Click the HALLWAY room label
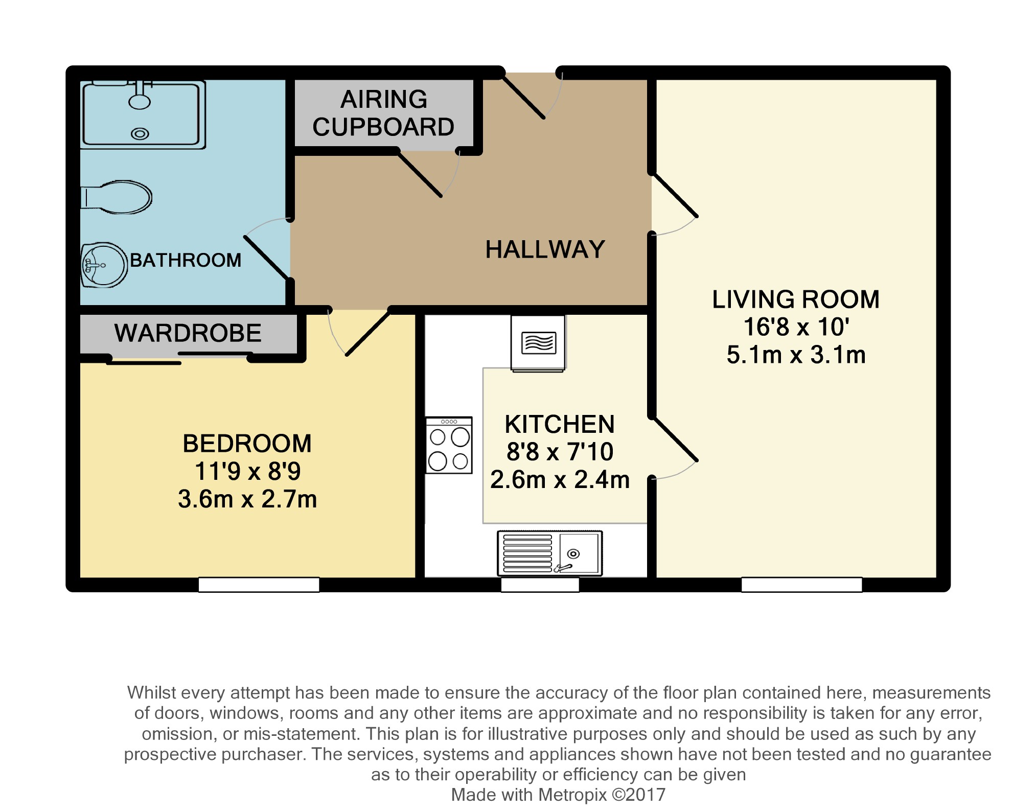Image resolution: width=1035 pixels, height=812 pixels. [x=545, y=250]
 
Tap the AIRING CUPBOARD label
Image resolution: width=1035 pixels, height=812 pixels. [x=383, y=113]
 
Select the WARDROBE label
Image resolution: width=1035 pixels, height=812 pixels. [x=188, y=333]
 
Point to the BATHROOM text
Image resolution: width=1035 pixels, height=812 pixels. [x=186, y=260]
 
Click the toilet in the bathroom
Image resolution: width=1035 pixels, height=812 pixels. [x=117, y=197]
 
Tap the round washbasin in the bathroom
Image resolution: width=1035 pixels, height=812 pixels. [x=104, y=265]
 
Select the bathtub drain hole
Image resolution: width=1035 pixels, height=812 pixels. [x=140, y=134]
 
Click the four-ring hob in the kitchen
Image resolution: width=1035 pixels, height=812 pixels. [x=449, y=445]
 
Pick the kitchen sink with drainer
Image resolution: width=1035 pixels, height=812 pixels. [x=550, y=553]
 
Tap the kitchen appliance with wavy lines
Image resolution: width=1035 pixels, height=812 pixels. [x=538, y=343]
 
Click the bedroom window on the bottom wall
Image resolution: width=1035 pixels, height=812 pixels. [x=259, y=585]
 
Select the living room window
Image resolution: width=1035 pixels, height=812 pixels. [x=801, y=585]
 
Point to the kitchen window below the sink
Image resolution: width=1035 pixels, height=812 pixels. [x=540, y=585]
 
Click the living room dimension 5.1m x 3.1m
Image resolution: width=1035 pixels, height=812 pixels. [x=796, y=355]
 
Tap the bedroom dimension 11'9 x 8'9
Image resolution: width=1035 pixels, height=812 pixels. [x=247, y=471]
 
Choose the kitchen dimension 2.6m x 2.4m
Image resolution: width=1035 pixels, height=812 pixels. [x=560, y=480]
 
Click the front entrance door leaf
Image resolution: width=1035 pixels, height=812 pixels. [x=522, y=96]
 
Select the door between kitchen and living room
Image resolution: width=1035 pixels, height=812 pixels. [x=675, y=439]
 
